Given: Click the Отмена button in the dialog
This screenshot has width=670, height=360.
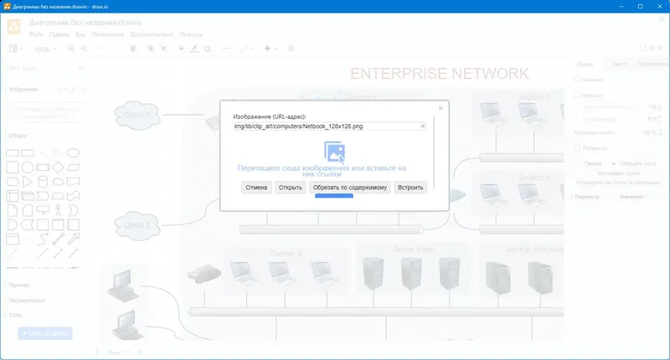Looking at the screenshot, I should [x=255, y=188].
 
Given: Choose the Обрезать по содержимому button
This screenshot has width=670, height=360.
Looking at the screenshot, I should [x=350, y=188].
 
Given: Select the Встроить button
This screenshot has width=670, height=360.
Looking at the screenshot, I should [x=410, y=188].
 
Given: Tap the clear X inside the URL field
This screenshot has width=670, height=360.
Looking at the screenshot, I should [x=423, y=126].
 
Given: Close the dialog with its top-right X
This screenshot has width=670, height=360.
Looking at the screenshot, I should [x=441, y=108].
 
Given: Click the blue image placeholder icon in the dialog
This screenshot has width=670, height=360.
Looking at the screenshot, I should [x=335, y=152].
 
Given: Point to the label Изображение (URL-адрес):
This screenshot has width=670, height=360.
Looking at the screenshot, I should [x=270, y=116].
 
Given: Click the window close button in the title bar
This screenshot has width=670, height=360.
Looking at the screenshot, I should [x=658, y=7].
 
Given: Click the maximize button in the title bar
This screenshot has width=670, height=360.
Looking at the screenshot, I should [x=639, y=7].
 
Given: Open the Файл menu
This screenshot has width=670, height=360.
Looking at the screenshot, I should [x=36, y=35].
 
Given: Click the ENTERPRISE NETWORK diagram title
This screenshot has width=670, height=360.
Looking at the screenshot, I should [x=439, y=74].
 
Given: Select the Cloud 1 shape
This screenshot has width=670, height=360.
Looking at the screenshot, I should [x=137, y=115].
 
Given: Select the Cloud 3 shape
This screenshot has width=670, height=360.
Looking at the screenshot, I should [x=137, y=225].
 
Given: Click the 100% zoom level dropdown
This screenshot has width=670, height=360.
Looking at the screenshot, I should [x=43, y=49].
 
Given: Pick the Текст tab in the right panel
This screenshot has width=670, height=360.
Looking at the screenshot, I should [x=619, y=64].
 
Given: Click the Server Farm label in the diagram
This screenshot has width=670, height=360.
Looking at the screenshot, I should [x=413, y=249].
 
